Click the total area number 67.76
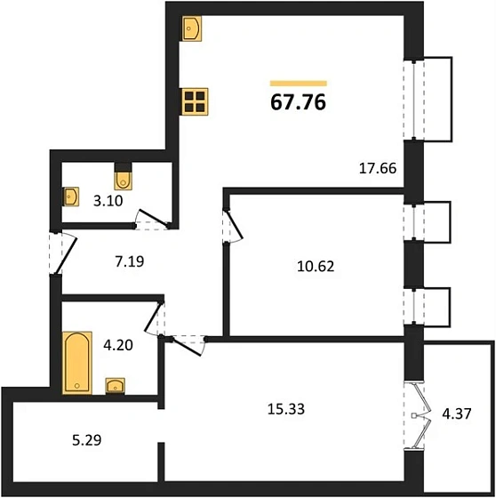click(x=298, y=102)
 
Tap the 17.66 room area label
click(x=378, y=168)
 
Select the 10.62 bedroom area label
click(x=316, y=266)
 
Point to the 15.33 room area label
click(x=286, y=409)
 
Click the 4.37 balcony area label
click(x=457, y=414)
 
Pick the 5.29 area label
click(x=87, y=440)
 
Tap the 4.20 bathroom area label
click(x=118, y=345)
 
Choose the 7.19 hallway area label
click(x=130, y=261)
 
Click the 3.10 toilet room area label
click(x=108, y=201)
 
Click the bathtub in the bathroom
click(x=77, y=363)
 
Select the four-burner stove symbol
click(x=195, y=101)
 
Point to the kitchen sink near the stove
click(x=192, y=28)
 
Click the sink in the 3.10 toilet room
click(x=71, y=197)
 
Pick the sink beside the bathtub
click(x=115, y=386)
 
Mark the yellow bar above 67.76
click(x=299, y=84)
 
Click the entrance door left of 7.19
click(x=63, y=253)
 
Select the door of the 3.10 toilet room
click(x=152, y=219)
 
